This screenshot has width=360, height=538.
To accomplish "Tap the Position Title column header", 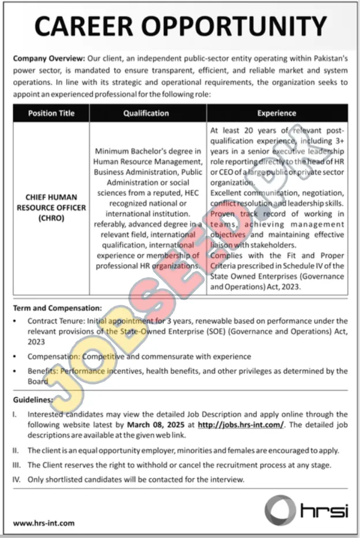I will (x=51, y=113).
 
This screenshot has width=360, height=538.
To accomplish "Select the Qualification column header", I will (x=146, y=113).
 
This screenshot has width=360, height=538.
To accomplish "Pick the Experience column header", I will (x=277, y=113).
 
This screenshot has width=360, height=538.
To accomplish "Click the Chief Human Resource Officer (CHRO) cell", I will (x=51, y=208).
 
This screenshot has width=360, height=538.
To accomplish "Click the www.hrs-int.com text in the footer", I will (x=44, y=523).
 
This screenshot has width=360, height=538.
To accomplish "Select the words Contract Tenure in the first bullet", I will (x=51, y=321).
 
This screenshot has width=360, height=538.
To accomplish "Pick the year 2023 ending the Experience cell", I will (x=290, y=286).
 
